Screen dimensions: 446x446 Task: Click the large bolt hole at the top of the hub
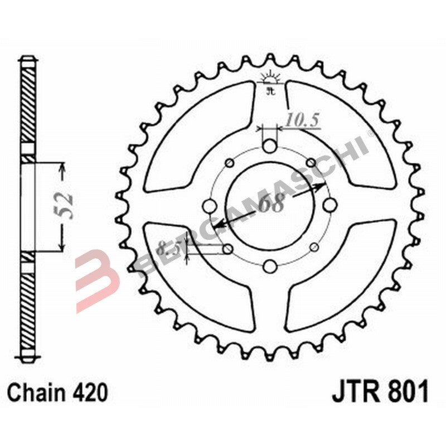[269, 147]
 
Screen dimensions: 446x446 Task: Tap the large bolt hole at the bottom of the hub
[269, 266]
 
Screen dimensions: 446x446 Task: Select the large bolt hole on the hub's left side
[210, 206]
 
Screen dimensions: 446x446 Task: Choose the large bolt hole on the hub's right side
[329, 206]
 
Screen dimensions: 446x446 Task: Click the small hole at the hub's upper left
[229, 163]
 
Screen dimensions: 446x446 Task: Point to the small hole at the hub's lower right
[312, 248]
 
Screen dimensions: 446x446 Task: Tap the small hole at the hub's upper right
[312, 163]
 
